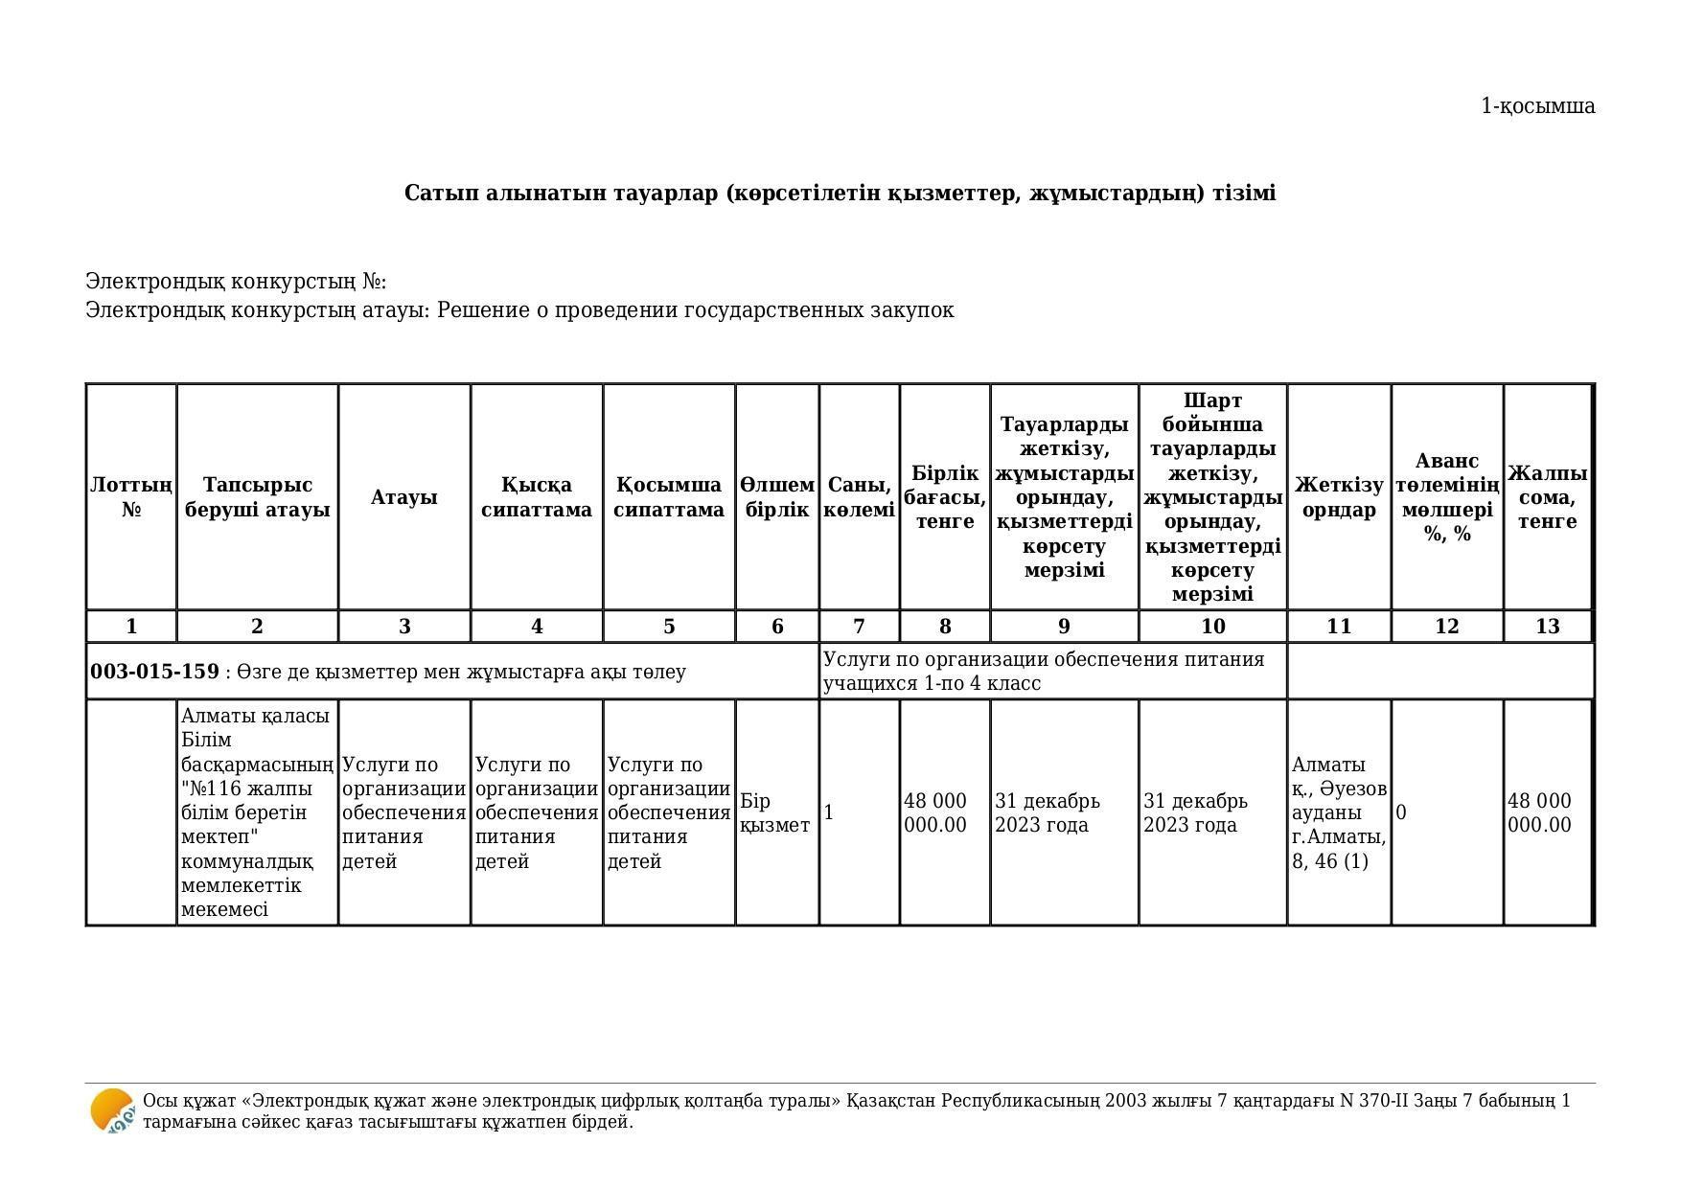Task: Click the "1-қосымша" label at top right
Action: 1537,106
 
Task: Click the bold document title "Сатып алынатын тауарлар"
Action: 840,194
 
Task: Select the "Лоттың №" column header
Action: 131,496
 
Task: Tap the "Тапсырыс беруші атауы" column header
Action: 257,496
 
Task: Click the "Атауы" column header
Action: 403,496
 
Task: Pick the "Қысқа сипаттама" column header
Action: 536,496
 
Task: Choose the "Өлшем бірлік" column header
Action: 777,496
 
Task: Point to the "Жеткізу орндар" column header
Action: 1338,496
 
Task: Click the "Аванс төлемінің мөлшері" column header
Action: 1446,496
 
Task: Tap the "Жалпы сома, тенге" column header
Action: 1547,496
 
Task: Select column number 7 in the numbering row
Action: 859,627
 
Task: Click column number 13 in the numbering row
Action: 1547,627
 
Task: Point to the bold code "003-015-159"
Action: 154,672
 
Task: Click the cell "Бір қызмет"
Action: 775,812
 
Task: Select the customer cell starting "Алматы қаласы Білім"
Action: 257,812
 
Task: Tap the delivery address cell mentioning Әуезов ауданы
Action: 1338,812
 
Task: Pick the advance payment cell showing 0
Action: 1401,812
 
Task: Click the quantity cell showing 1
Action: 829,812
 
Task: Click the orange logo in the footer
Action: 112,1111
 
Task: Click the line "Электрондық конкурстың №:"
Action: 236,282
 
